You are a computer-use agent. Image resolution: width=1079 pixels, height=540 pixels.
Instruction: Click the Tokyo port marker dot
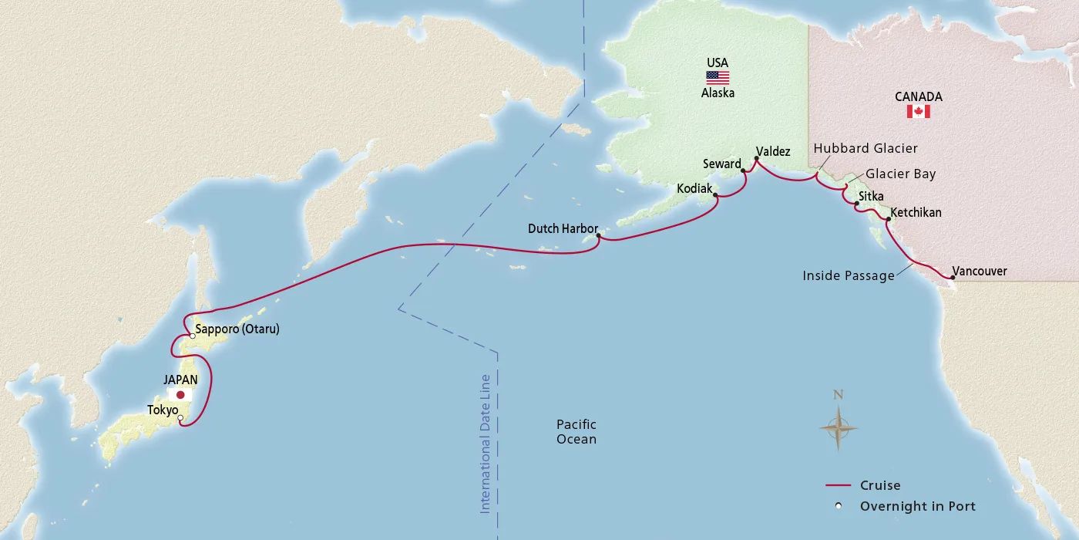click(180, 419)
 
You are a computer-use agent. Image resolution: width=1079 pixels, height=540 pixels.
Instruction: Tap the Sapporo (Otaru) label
click(237, 329)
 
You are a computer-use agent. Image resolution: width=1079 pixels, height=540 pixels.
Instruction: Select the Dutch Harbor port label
click(563, 228)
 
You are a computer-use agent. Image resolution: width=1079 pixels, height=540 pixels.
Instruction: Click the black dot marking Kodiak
click(716, 196)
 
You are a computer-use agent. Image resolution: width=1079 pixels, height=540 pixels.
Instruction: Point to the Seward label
click(721, 164)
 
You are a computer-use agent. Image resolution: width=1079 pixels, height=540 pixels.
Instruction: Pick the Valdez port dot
click(757, 159)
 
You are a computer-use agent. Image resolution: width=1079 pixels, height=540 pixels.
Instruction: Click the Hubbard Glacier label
click(866, 148)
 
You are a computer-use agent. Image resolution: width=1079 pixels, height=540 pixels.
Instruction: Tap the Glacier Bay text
click(900, 174)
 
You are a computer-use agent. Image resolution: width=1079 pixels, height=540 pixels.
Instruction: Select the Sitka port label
click(871, 197)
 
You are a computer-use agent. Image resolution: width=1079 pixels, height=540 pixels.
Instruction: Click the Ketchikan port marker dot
click(888, 220)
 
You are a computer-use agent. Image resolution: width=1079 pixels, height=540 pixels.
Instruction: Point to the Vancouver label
click(979, 272)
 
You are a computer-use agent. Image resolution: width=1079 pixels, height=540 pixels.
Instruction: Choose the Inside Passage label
click(848, 275)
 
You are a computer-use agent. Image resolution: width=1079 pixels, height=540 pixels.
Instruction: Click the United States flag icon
click(718, 77)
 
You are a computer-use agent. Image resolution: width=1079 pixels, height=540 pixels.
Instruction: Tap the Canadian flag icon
click(918, 111)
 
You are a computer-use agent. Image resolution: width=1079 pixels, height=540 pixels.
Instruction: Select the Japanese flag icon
click(180, 394)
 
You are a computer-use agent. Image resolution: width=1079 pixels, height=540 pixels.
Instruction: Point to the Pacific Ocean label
click(576, 432)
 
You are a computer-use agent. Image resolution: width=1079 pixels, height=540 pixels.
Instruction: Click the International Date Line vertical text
click(485, 444)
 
